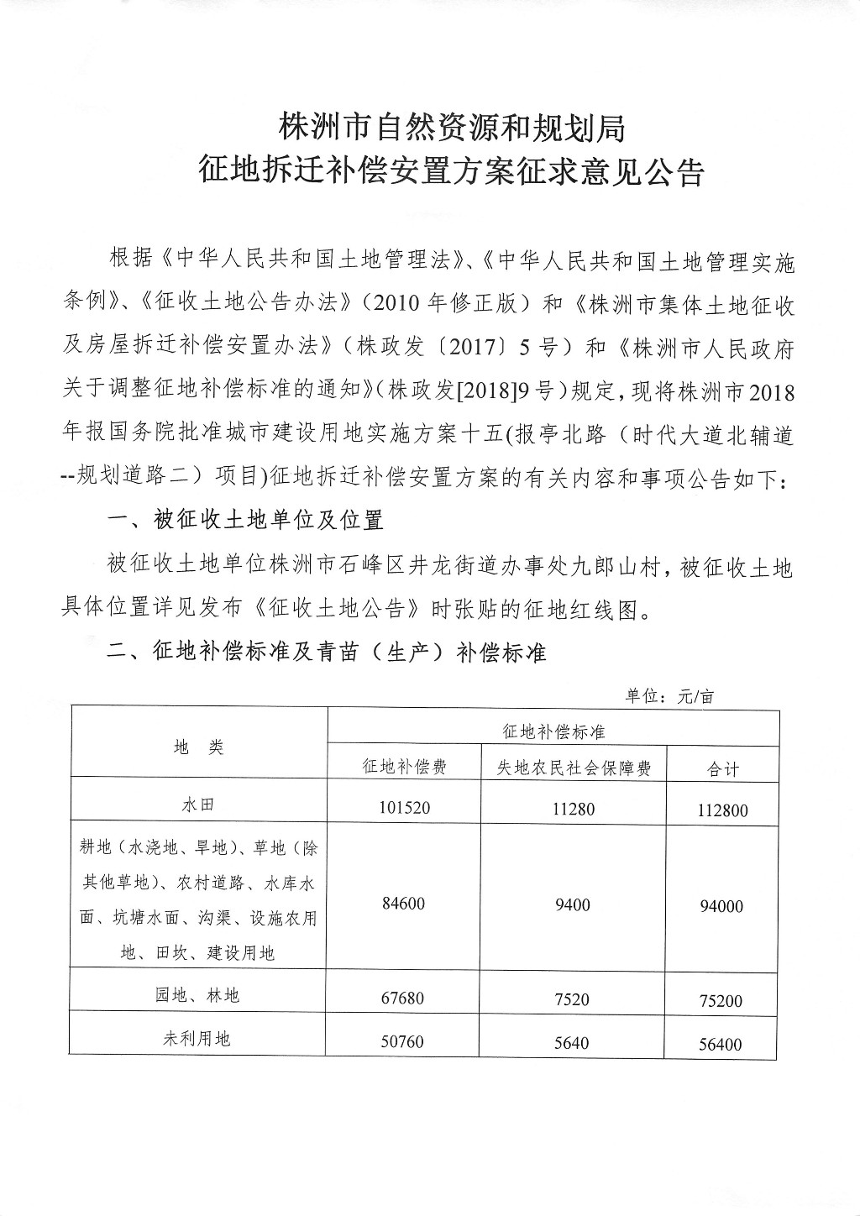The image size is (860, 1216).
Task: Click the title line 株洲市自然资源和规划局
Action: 452,128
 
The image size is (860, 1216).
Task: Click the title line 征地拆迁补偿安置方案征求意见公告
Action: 452,172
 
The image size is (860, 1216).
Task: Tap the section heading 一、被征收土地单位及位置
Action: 246,521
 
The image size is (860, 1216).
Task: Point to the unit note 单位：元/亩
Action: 669,695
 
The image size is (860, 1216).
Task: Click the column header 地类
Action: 199,747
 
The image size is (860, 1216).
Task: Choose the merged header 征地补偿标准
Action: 553,731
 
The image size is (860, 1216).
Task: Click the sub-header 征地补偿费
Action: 403,767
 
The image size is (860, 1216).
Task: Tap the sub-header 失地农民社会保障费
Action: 571,767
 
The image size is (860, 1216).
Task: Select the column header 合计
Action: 721,768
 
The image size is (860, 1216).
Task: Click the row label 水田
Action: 198,804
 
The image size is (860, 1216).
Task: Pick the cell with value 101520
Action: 404,808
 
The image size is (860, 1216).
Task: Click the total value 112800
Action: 721,810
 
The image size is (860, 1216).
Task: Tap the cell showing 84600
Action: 403,904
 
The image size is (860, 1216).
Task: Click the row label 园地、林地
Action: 200,995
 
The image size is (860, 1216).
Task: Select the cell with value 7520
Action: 572,998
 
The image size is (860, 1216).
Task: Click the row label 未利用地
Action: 198,1039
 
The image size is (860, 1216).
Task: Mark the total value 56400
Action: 721,1044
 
